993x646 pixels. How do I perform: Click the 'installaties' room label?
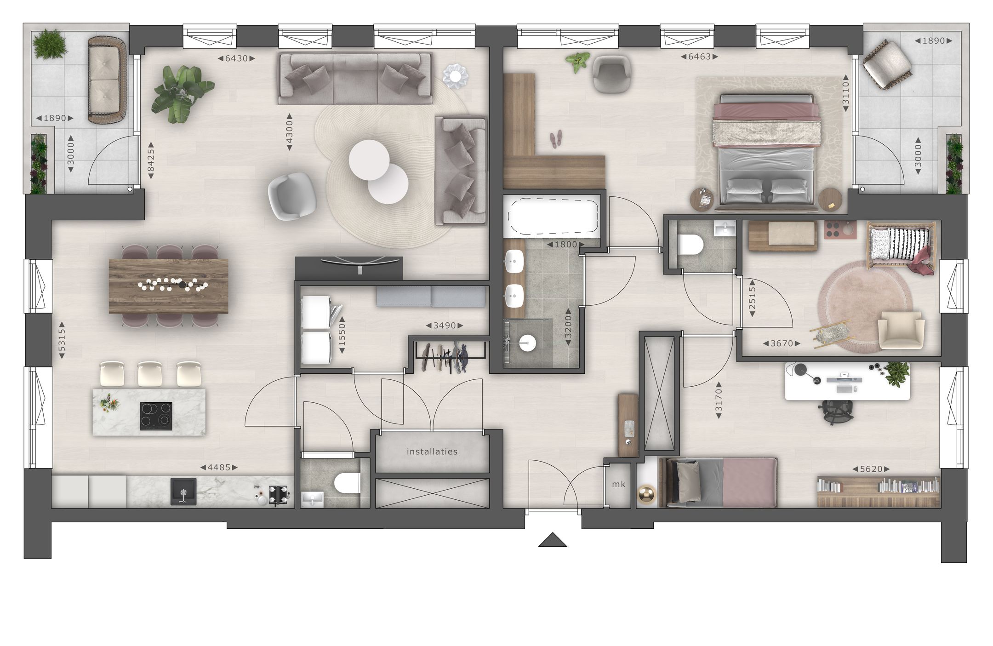coord(432,452)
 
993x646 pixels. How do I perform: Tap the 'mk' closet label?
coord(618,484)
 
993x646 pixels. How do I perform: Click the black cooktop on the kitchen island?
coord(156,416)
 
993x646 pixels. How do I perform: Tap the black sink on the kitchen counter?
coord(183,491)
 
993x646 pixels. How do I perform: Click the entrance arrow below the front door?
coord(553,540)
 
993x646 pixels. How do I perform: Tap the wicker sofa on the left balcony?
coord(108,80)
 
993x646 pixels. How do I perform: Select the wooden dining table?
coord(169,286)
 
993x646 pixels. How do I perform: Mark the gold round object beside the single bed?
coord(647,495)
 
